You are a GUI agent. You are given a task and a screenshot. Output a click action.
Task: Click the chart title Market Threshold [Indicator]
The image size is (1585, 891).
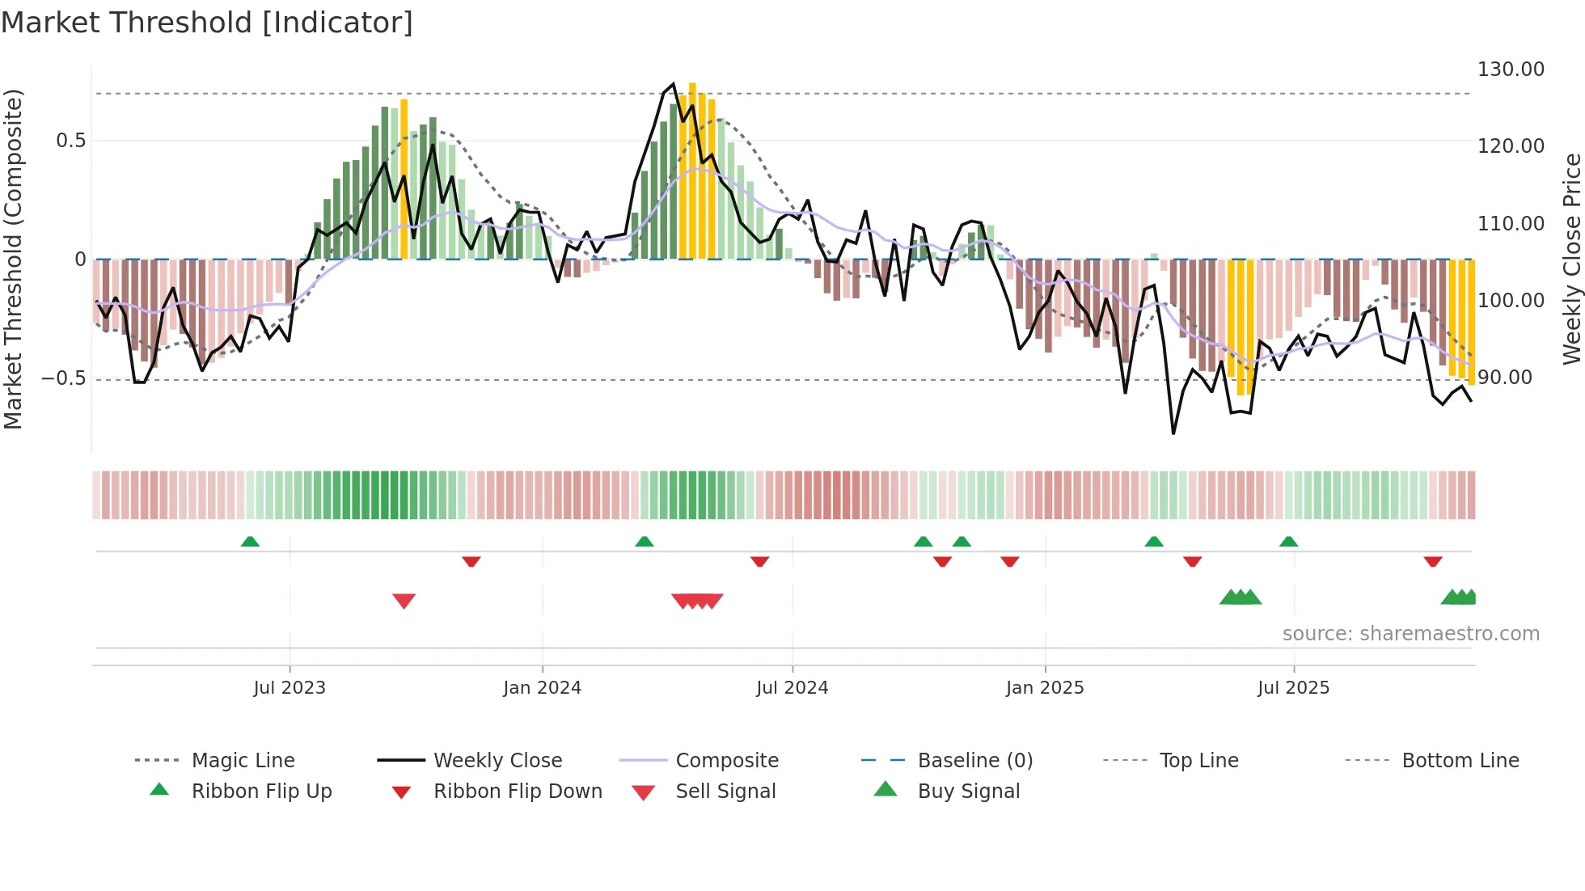[x=207, y=23]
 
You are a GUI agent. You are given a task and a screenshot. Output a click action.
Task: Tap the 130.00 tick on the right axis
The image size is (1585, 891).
[x=1510, y=70]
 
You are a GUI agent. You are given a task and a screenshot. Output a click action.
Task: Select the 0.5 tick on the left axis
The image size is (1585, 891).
[x=70, y=141]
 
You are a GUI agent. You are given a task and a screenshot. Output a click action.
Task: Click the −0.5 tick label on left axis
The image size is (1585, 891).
[x=64, y=378]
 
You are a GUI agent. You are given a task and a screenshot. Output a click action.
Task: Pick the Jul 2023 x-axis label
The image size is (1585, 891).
[x=290, y=688]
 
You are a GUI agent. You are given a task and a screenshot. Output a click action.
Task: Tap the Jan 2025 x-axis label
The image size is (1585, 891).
[x=1044, y=688]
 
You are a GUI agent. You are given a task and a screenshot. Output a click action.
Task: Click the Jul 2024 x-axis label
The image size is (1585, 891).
[x=792, y=688]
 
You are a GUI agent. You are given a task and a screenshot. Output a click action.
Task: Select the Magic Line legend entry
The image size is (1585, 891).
[x=243, y=761]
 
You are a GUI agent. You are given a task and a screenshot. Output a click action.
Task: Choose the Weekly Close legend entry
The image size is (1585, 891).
[x=497, y=761]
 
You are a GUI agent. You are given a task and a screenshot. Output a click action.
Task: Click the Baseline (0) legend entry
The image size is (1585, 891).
[x=974, y=761]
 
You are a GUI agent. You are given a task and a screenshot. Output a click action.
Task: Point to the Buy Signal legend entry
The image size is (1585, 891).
[x=968, y=792]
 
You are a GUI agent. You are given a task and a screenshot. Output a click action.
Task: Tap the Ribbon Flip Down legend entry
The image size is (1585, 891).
[x=518, y=792]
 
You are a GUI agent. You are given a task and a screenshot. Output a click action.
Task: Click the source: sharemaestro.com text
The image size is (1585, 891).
[x=1410, y=634]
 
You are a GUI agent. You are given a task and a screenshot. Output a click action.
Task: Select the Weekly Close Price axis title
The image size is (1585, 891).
[x=1571, y=259]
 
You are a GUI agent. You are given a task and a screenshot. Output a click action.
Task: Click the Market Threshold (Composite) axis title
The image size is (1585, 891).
[x=13, y=259]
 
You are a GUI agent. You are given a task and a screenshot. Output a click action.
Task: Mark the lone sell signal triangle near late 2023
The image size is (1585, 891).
[x=404, y=601]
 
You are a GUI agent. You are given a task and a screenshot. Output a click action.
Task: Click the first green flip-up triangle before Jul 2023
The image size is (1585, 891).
[x=250, y=542]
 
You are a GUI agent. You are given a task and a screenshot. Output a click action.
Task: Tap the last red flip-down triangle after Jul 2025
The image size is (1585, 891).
[x=1432, y=561]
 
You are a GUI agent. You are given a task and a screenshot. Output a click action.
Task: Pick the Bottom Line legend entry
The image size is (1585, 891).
[x=1460, y=761]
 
